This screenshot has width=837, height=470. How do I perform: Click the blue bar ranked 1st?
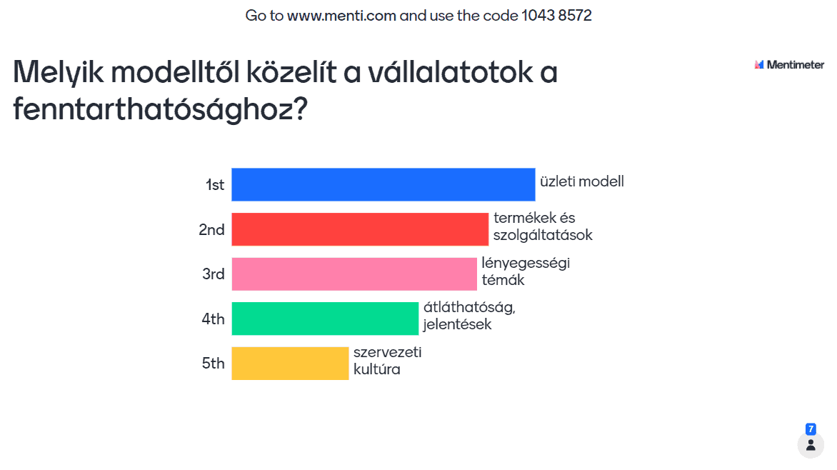[384, 185]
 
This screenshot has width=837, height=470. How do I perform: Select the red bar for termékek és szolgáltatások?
[360, 229]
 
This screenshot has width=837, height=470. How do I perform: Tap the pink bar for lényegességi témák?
[354, 274]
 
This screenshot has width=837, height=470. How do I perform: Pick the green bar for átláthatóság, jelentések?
[325, 319]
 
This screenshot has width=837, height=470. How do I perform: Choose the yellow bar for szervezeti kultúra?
[290, 363]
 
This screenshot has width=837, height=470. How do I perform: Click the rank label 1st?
[214, 185]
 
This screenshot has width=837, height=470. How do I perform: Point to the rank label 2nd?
[211, 230]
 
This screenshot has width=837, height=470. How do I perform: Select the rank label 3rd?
[213, 274]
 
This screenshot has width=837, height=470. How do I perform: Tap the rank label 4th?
[213, 319]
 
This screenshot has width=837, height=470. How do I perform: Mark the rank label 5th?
[213, 363]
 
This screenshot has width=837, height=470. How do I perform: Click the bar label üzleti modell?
[582, 181]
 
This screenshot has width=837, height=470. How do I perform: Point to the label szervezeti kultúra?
[388, 361]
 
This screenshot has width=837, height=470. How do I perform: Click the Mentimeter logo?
[789, 64]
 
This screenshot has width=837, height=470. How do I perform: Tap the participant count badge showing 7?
[811, 429]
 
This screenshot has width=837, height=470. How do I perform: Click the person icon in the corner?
[811, 445]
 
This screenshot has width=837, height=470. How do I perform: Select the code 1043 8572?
[557, 16]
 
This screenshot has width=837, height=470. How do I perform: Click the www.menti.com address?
[341, 16]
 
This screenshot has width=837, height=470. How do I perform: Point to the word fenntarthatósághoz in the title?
[160, 109]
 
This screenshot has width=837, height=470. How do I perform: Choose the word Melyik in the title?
[58, 72]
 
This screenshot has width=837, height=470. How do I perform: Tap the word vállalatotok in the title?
[451, 72]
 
